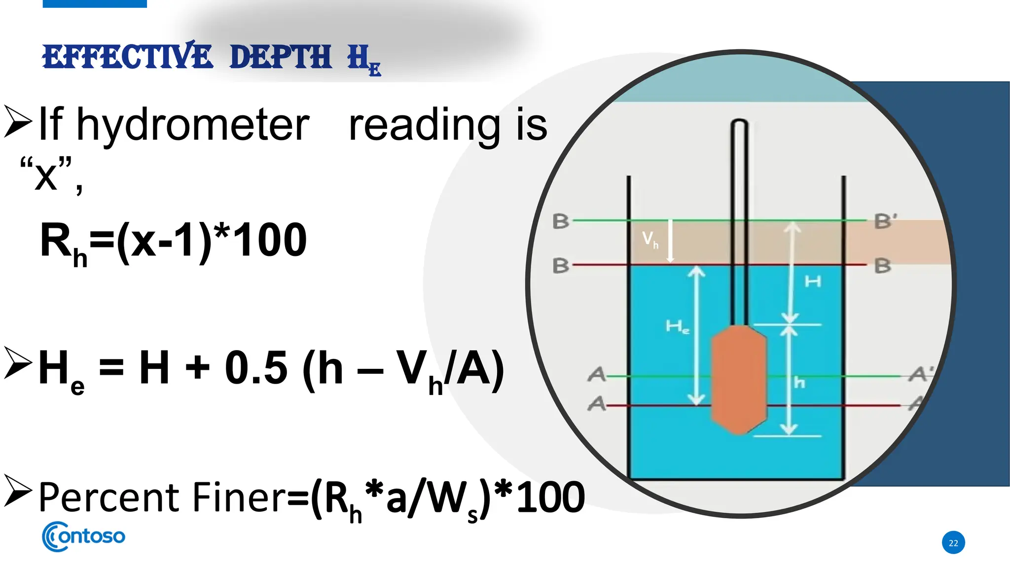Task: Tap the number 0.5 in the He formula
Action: [x=255, y=368]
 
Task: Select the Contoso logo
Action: [x=83, y=536]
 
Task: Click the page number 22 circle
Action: [x=953, y=543]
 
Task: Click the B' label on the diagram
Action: [x=885, y=221]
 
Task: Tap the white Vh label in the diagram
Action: [x=649, y=240]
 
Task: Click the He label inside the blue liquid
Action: [x=677, y=326]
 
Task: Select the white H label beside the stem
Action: [x=813, y=282]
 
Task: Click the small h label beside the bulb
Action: [x=799, y=383]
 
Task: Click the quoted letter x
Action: [x=46, y=176]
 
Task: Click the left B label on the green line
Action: [x=560, y=221]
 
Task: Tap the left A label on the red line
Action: [x=596, y=404]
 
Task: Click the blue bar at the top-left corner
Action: [x=95, y=3]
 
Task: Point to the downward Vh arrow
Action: [x=670, y=241]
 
